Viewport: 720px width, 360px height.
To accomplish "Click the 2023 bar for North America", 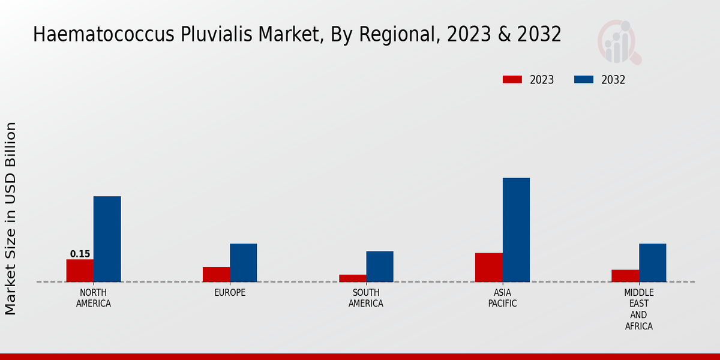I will pos(80,271).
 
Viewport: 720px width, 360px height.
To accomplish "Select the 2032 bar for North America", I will pos(107,239).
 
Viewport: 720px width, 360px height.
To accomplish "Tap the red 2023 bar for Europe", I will pos(216,274).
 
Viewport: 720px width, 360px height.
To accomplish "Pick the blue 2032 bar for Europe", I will pos(243,262).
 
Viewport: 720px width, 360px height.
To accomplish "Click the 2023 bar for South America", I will pos(352,278).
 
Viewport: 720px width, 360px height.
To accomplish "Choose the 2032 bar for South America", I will pos(380,266).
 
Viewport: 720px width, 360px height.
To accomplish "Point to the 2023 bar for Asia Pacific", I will pos(488,267).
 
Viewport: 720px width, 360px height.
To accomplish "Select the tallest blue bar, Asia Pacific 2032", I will pos(516,230).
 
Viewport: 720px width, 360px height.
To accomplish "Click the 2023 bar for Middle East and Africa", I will pos(625,275).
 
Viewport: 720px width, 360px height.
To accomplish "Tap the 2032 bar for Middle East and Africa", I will pos(652,262).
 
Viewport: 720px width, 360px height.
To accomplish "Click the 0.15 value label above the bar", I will pos(80,254).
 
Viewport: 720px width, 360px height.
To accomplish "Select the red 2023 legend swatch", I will pos(512,80).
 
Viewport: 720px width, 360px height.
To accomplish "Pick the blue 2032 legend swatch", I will pos(584,80).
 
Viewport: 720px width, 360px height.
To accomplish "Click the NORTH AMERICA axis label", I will pos(94,298).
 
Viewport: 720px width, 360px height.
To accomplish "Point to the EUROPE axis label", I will pos(230,293).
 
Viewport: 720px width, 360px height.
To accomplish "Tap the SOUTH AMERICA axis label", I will pos(366,298).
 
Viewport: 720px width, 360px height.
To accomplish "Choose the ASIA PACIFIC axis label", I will pos(502,298).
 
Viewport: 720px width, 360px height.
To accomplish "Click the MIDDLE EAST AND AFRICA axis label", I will pos(638,310).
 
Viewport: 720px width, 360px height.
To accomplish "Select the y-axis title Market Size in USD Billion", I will pos(11,218).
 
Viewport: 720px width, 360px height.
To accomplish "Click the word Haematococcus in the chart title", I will pos(97,35).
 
